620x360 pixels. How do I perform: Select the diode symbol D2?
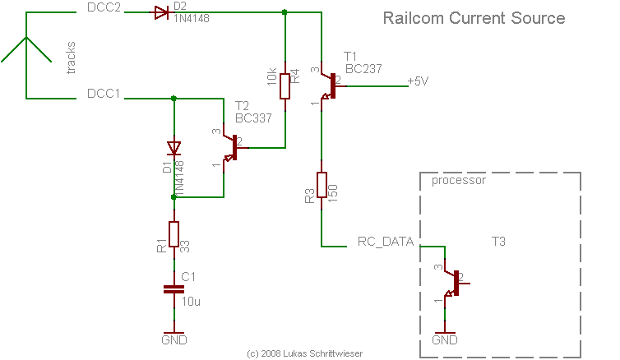pos(159,12)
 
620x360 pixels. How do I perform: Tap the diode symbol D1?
pos(173,148)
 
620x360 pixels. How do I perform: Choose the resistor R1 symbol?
pos(173,234)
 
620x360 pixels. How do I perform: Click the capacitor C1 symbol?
pos(173,288)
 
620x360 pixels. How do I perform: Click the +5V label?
pos(419,81)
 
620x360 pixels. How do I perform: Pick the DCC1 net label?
pos(104,94)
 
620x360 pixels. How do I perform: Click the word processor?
pos(459,180)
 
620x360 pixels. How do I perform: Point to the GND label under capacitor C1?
pos(174,339)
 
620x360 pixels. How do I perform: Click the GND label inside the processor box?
pos(445,339)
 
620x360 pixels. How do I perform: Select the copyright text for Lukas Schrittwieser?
pos(303,353)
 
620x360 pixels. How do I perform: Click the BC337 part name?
pos(252,118)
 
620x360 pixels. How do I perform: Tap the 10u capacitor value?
pos(191,302)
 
